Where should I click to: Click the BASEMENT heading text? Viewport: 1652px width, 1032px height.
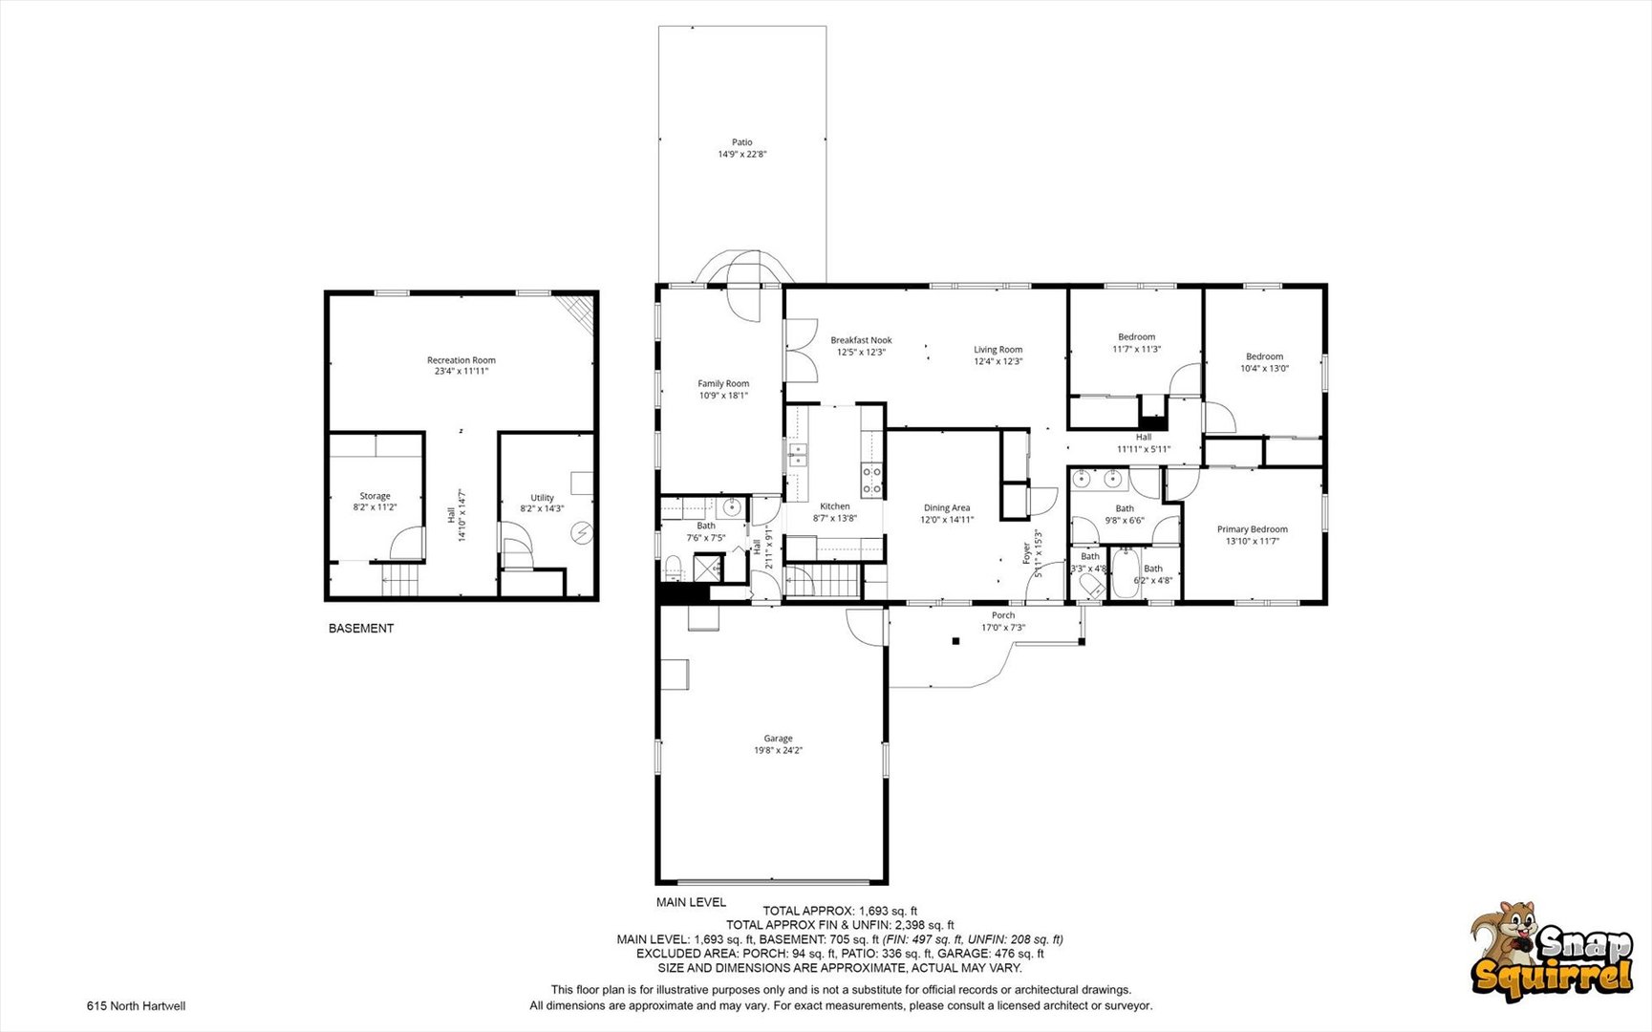pyautogui.click(x=361, y=629)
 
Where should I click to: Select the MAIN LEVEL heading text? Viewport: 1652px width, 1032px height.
pyautogui.click(x=691, y=902)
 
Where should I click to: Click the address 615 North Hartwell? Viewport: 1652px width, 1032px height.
pyautogui.click(x=136, y=1005)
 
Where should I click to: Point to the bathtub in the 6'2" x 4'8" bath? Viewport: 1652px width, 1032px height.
pyautogui.click(x=1125, y=573)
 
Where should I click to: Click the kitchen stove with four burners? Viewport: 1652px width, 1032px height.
pyautogui.click(x=871, y=480)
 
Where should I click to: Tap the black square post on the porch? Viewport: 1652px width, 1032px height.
pyautogui.click(x=955, y=641)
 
